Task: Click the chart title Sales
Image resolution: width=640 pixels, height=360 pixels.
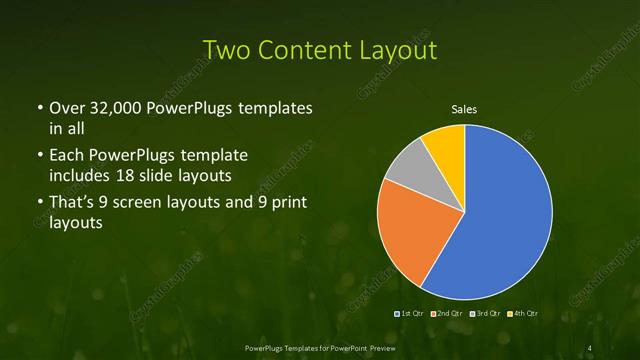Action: click(x=464, y=110)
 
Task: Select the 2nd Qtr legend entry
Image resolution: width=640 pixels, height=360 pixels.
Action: click(x=449, y=313)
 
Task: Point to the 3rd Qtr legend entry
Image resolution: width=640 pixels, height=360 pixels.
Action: click(x=487, y=313)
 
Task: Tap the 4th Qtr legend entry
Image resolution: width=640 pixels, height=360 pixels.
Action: click(x=525, y=313)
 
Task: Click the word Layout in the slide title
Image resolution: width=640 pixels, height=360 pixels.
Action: click(x=397, y=50)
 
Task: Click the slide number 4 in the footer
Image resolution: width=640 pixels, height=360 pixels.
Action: click(x=591, y=347)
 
